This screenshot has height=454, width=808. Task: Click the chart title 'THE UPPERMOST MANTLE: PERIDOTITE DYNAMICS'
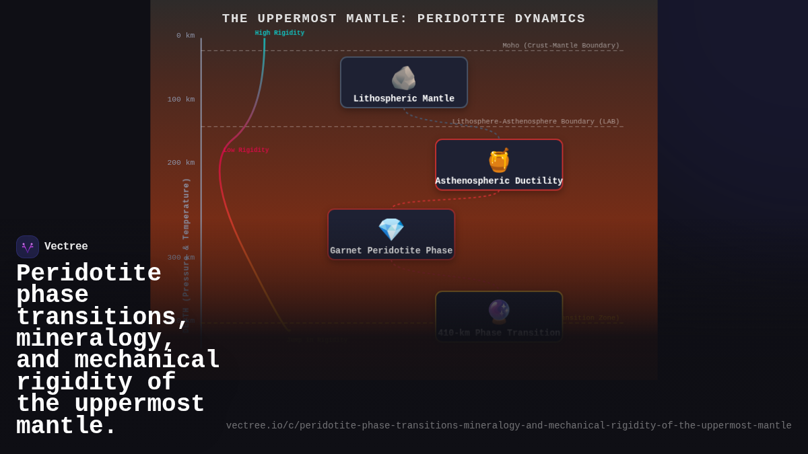pos(404,19)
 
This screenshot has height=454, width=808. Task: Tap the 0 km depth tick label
pos(185,36)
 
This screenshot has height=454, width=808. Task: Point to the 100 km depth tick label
pos(180,100)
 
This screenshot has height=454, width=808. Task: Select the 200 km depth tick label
pos(180,163)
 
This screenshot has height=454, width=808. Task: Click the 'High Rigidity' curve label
pos(279,33)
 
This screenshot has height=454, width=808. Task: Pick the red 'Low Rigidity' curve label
pos(246,150)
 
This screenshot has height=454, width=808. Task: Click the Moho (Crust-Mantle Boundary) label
pos(560,46)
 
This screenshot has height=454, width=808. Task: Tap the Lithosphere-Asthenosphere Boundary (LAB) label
pos(535,122)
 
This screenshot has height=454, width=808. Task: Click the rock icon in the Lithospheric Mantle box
pos(403,78)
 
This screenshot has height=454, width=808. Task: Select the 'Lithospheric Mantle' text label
pos(404,99)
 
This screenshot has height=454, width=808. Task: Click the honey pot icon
pos(499,161)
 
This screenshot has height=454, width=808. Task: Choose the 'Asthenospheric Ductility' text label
pos(499,181)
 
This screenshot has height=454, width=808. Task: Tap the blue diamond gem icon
pos(391,229)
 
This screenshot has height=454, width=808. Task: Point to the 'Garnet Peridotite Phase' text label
pos(391,251)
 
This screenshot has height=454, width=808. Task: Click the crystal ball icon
pos(499,311)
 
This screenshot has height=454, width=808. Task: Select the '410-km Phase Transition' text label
pos(499,333)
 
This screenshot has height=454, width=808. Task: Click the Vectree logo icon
pos(28,247)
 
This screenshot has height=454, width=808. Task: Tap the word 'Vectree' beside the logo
pos(66,247)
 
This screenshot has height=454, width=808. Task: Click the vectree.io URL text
pos(508,426)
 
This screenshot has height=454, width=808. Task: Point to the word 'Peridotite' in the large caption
pos(89,274)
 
